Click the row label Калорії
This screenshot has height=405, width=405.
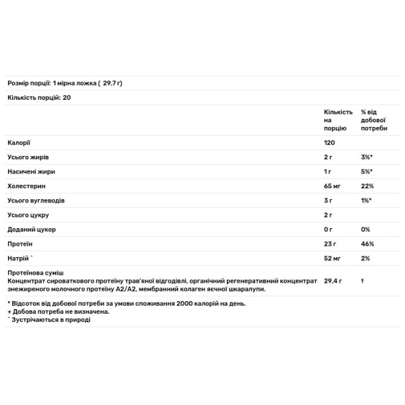click(x=19, y=142)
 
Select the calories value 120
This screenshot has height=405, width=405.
click(x=330, y=142)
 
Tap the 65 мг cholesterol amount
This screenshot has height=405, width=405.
click(x=333, y=186)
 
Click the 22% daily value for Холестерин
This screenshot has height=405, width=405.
click(x=367, y=186)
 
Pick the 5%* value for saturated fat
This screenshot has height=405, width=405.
click(x=367, y=171)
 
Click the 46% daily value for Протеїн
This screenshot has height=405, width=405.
click(x=368, y=244)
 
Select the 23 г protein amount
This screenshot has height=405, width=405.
click(x=330, y=244)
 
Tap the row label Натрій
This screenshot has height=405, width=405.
click(x=20, y=258)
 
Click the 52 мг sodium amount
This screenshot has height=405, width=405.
click(x=333, y=259)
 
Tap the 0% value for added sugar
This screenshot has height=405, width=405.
click(x=366, y=230)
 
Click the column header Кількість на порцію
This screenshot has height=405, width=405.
click(x=337, y=119)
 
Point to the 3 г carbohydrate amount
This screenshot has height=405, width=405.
click(x=328, y=200)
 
